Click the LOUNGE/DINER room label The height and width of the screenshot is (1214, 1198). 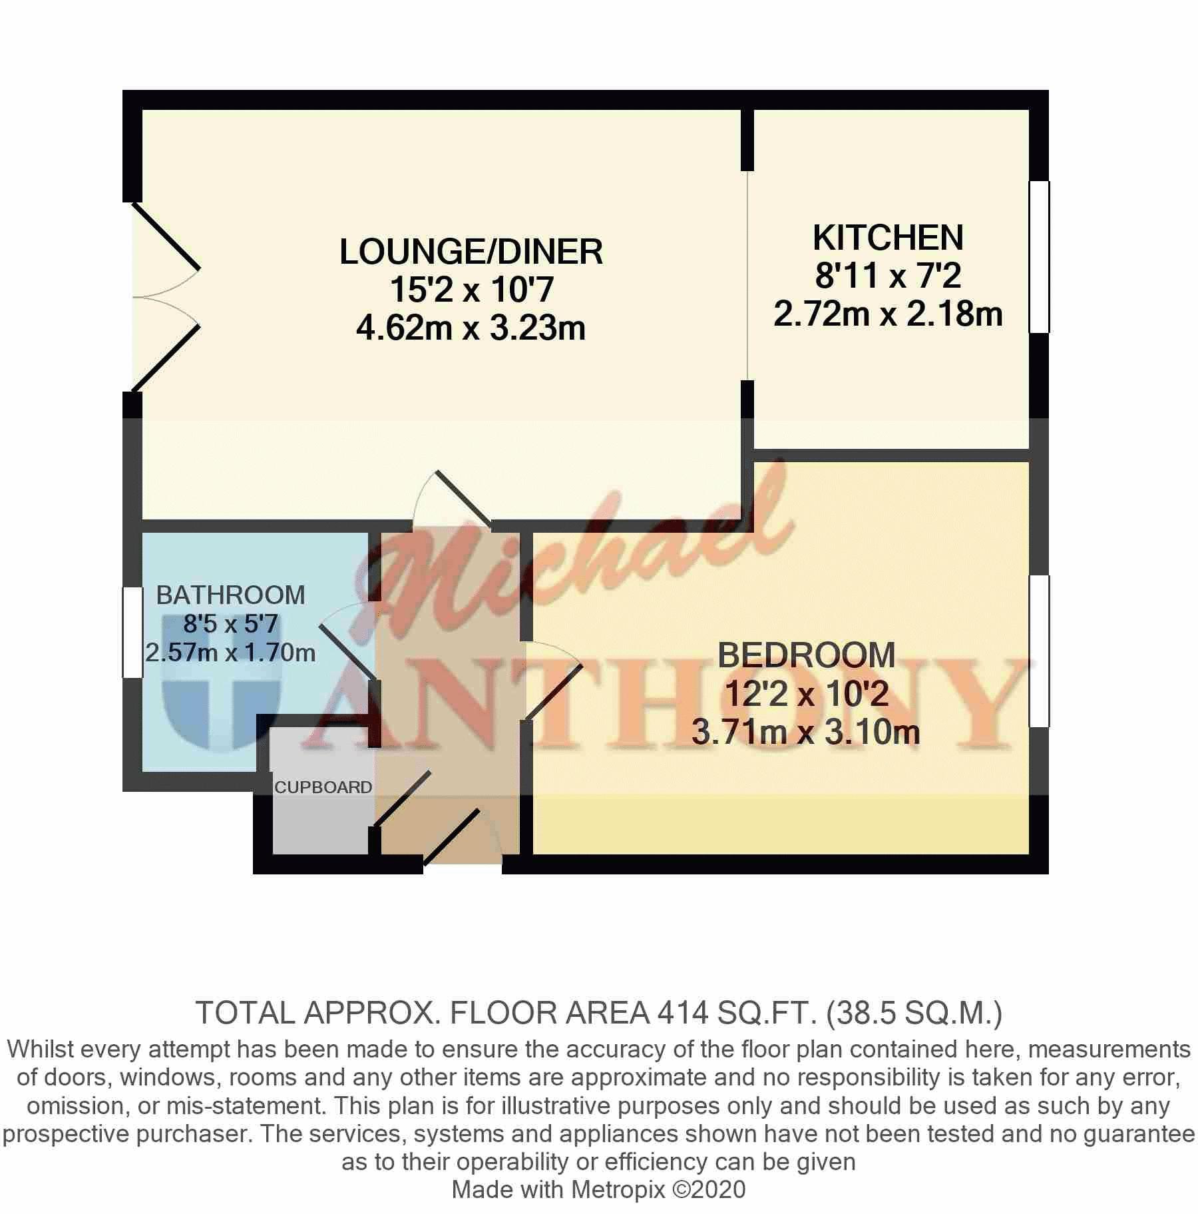pos(471,252)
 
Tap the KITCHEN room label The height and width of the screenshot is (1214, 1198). pos(888,238)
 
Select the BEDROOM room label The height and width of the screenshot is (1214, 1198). pos(806,655)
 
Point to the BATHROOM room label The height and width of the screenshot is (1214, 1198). pos(230,595)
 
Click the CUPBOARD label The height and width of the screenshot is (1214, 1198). pos(323,787)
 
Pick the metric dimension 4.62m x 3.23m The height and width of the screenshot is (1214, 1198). pos(471,328)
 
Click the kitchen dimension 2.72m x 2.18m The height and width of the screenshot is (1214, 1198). pos(888,314)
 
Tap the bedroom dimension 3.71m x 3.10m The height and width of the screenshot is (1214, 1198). pos(806,732)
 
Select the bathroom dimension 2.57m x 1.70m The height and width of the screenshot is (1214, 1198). pos(230,653)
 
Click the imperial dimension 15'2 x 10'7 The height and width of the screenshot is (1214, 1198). pos(471,290)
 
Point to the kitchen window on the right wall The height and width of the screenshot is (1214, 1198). pos(1039,256)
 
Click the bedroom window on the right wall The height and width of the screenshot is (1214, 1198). pos(1039,651)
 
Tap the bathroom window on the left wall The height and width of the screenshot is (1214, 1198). pos(132,632)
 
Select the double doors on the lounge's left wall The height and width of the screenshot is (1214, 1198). pos(166,297)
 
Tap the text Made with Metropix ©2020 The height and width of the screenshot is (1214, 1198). pos(598,1189)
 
